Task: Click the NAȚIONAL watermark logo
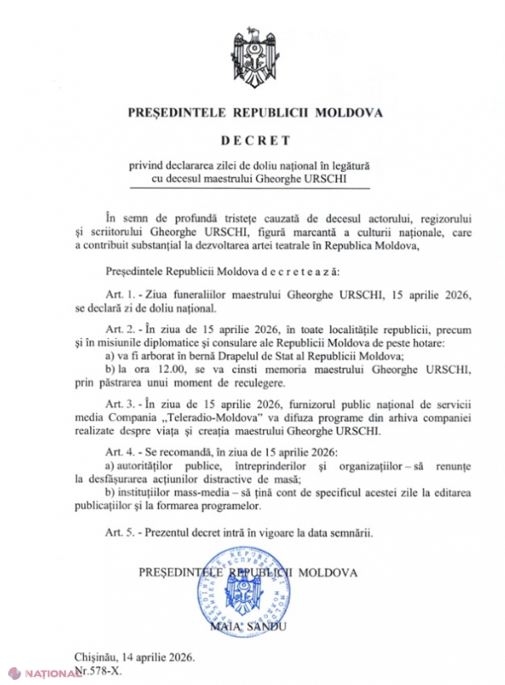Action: [41, 674]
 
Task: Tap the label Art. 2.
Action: [119, 328]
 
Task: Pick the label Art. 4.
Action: [119, 453]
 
